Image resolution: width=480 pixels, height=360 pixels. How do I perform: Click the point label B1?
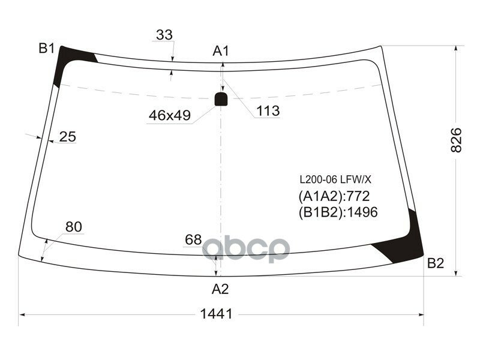tap(47, 49)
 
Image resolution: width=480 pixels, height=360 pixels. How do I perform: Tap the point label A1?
tap(221, 51)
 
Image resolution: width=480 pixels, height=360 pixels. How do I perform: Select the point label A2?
tap(220, 289)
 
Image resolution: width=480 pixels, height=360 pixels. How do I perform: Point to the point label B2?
tap(436, 263)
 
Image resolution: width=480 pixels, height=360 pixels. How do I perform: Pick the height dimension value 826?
tap(457, 140)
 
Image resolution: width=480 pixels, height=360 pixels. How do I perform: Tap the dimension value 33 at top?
tap(164, 35)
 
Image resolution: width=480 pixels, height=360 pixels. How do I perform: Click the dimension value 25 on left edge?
tap(67, 137)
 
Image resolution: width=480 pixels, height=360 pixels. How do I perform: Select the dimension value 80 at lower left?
tap(73, 226)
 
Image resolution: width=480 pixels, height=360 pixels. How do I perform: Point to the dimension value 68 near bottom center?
tap(193, 239)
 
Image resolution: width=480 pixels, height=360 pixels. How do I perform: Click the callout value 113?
tap(268, 111)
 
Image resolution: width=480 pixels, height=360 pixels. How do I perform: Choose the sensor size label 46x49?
tap(169, 116)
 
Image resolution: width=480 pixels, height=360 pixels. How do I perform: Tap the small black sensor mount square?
tap(221, 98)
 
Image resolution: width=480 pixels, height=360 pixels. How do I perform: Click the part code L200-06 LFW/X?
tap(336, 179)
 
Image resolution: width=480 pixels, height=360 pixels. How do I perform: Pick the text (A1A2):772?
tap(334, 196)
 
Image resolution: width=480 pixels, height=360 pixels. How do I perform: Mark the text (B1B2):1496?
tap(338, 212)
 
